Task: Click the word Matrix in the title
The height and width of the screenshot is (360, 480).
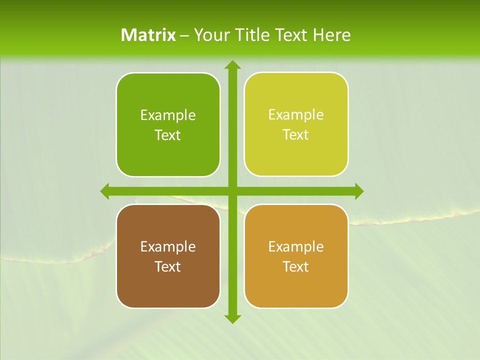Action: [x=148, y=35]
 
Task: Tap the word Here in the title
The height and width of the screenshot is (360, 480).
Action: [x=332, y=35]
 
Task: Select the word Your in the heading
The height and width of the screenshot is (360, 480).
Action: [x=210, y=35]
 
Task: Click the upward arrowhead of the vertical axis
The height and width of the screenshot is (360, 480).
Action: [x=232, y=65]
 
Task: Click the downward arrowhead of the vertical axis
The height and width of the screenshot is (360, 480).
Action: [x=232, y=318]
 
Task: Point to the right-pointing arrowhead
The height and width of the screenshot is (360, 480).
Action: [x=358, y=191]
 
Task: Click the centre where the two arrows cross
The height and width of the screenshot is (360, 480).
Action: [x=232, y=191]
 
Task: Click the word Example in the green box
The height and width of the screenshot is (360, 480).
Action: [x=168, y=115]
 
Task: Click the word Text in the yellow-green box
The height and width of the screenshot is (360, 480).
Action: [x=296, y=134]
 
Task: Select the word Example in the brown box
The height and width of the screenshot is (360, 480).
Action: [x=168, y=246]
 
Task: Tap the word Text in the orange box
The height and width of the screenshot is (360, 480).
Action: [x=296, y=266]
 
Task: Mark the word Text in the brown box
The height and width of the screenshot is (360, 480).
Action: [x=168, y=266]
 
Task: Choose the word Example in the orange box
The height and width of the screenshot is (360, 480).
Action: [x=296, y=246]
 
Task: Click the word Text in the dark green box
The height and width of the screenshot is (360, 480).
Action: [x=168, y=135]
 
